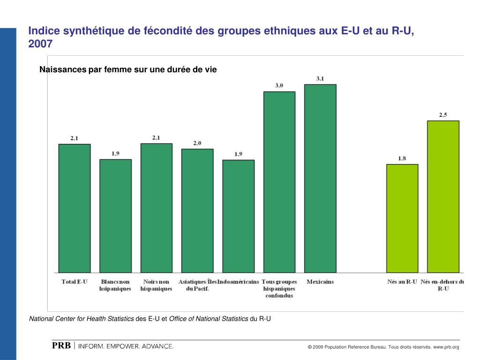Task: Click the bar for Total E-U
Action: click(75, 208)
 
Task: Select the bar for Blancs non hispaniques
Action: click(115, 216)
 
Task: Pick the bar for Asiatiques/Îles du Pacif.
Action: click(197, 210)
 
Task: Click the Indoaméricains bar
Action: click(238, 216)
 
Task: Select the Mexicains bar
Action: click(320, 178)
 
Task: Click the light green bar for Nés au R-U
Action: click(402, 218)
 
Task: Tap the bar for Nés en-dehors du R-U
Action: click(443, 196)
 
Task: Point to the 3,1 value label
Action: click(320, 79)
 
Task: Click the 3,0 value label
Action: click(279, 85)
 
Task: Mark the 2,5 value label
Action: click(443, 115)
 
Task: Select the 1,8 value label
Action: click(402, 158)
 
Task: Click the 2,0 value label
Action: click(197, 143)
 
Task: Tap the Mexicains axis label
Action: click(320, 282)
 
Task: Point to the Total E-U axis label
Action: click(75, 282)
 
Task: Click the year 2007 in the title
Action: click(41, 44)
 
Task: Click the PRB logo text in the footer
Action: click(61, 346)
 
